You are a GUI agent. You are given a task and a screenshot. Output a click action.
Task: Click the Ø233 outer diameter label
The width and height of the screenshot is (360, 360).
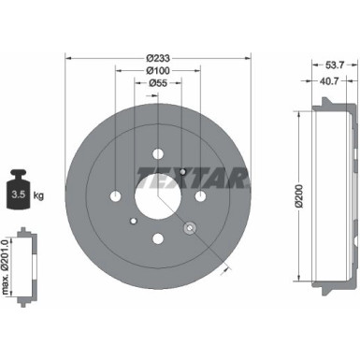tap(157, 57)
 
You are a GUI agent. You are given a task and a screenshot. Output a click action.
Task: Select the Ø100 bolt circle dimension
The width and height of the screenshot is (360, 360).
tap(157, 70)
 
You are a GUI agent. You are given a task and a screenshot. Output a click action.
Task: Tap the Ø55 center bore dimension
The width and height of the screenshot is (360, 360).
tap(157, 83)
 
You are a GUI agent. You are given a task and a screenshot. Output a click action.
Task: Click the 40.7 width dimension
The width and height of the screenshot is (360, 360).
tap(322, 80)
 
